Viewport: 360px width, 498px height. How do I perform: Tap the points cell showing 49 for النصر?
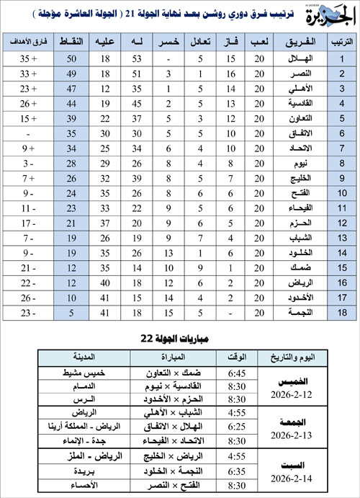pos(71,74)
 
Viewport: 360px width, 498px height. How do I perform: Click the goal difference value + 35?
pos(30,59)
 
